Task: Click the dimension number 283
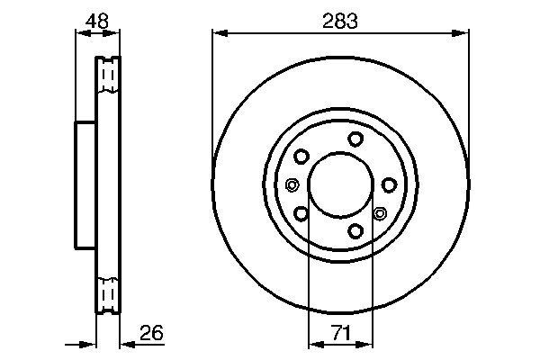tap(340, 21)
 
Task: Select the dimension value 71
tap(340, 334)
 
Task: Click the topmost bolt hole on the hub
tap(356, 138)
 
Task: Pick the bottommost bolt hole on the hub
tap(356, 232)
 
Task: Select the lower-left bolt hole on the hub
tap(301, 214)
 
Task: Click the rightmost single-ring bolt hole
tap(389, 184)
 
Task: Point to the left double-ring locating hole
tap(292, 185)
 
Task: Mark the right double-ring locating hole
tap(379, 214)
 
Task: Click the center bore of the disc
tap(340, 185)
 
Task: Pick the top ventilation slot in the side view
tap(107, 76)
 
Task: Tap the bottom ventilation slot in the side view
tap(107, 293)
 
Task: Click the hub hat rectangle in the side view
tap(85, 184)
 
